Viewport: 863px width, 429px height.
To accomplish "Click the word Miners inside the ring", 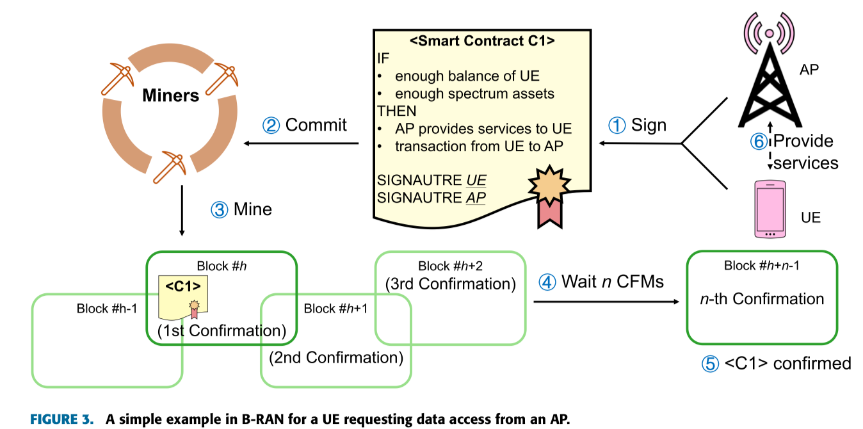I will [171, 96].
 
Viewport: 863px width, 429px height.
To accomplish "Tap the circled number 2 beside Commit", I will [271, 125].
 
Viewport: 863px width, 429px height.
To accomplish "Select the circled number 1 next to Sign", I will [617, 125].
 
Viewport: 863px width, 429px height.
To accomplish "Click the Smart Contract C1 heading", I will [482, 42].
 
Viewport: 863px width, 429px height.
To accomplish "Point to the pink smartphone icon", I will [771, 209].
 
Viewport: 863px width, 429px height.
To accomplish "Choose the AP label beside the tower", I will [809, 70].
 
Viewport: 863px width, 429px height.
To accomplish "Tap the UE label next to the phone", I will [811, 218].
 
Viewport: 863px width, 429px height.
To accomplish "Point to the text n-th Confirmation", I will [762, 299].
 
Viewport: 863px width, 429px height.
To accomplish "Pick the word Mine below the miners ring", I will [252, 209].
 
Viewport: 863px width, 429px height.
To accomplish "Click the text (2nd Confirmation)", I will [336, 357].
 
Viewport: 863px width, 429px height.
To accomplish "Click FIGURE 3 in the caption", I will [63, 419].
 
